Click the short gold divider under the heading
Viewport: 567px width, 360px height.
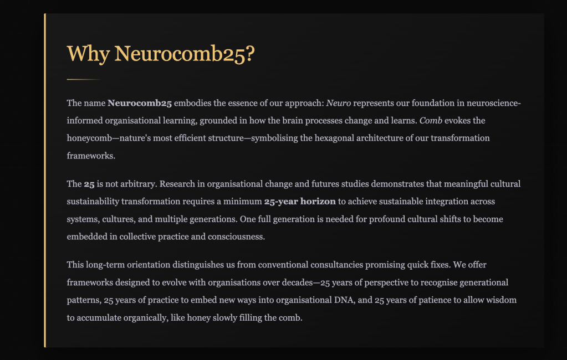pos(83,80)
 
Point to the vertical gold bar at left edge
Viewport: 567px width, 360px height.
pos(45,181)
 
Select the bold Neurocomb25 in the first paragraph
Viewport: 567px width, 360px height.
pos(140,103)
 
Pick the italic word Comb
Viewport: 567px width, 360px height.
pos(431,120)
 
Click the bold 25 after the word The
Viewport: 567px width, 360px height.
pos(89,184)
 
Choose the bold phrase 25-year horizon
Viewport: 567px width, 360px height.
pos(300,202)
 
